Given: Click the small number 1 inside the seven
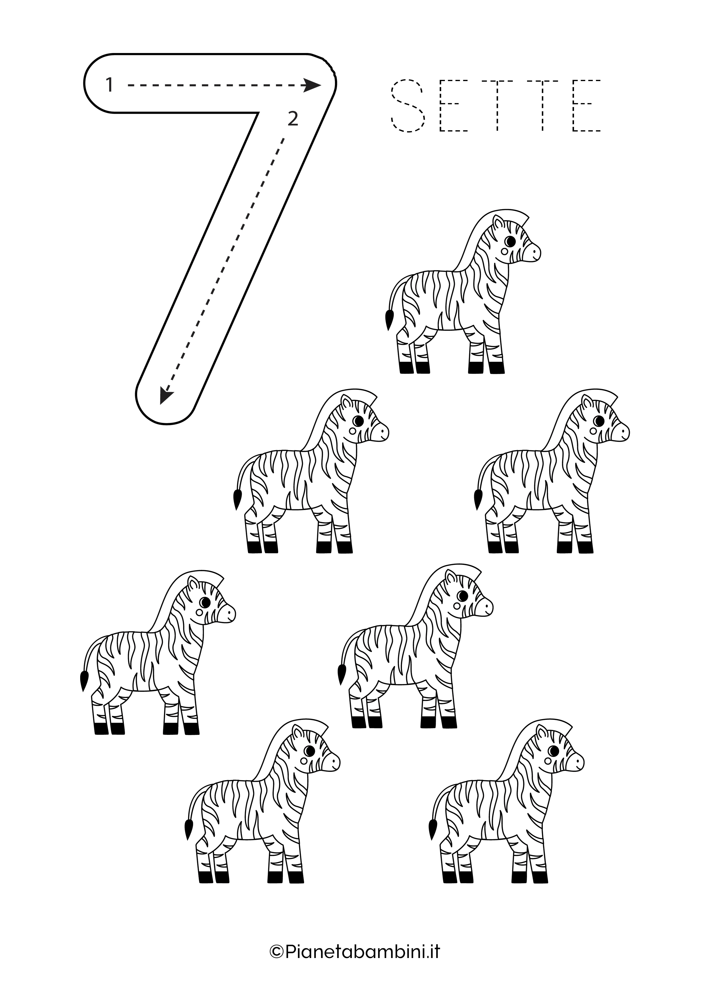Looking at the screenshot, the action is pyautogui.click(x=109, y=85).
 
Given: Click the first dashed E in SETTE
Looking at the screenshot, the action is pyautogui.click(x=454, y=105).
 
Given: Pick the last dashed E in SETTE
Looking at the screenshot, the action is pyautogui.click(x=587, y=105).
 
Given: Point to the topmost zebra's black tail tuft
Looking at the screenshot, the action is pyautogui.click(x=388, y=319).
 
